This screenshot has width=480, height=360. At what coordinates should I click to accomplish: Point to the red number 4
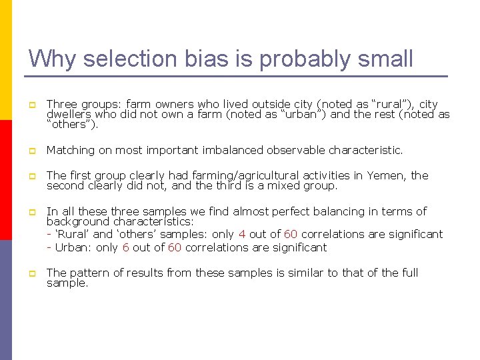coord(242,234)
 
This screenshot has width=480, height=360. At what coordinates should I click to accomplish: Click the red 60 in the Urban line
coord(174,247)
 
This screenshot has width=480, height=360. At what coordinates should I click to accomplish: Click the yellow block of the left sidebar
coord(6,60)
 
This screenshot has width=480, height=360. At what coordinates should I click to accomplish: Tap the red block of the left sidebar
coord(6,180)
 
